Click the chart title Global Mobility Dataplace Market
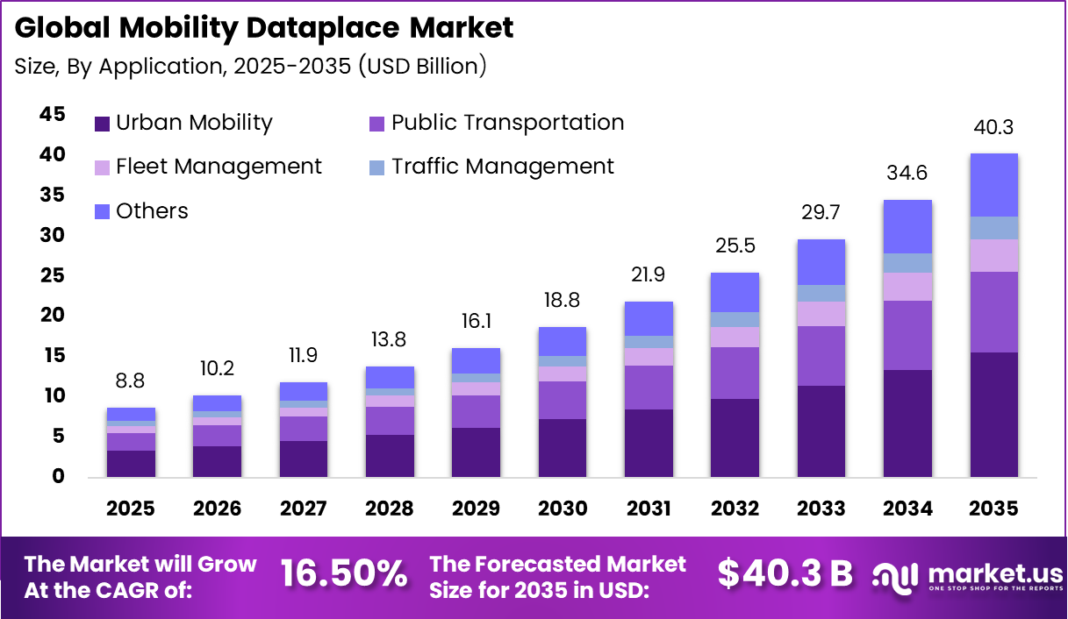pyautogui.click(x=264, y=28)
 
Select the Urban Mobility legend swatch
pyautogui.click(x=103, y=124)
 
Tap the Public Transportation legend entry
pyautogui.click(x=507, y=123)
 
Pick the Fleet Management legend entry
pyautogui.click(x=219, y=167)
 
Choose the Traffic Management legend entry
pyautogui.click(x=502, y=167)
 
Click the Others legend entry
pyautogui.click(x=152, y=211)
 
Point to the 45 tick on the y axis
pyautogui.click(x=52, y=114)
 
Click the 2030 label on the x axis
pyautogui.click(x=562, y=509)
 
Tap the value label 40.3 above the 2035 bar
pyautogui.click(x=993, y=128)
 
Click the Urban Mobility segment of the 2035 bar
pyautogui.click(x=993, y=414)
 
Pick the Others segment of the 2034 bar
pyautogui.click(x=907, y=226)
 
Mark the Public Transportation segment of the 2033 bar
pyautogui.click(x=821, y=356)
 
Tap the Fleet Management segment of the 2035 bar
pyautogui.click(x=993, y=255)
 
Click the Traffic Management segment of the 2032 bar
pyautogui.click(x=735, y=319)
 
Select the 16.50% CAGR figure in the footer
pyautogui.click(x=344, y=573)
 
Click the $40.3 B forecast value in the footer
pyautogui.click(x=785, y=573)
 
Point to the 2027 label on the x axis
pyautogui.click(x=304, y=509)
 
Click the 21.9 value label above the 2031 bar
pyautogui.click(x=648, y=275)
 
